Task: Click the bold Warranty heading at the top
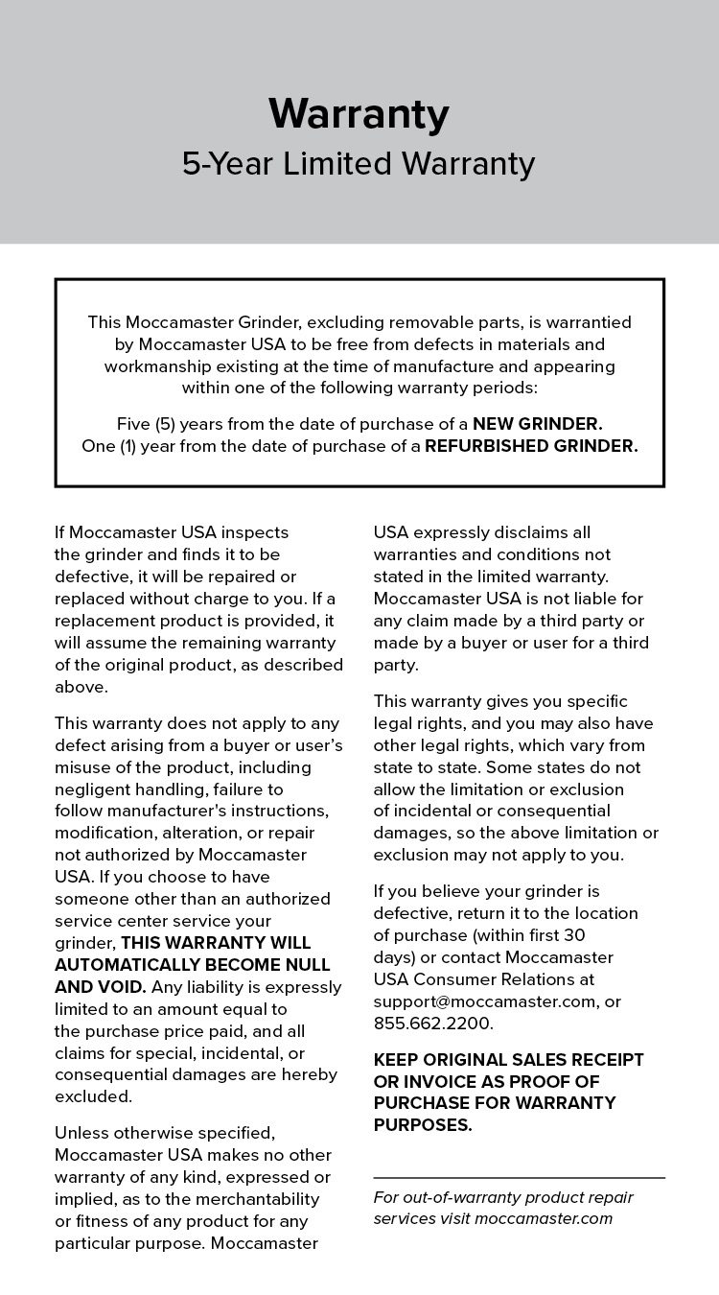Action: click(x=359, y=114)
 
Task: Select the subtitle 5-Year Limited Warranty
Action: click(x=359, y=164)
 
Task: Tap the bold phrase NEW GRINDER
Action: click(x=538, y=423)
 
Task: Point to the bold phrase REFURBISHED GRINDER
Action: click(x=531, y=446)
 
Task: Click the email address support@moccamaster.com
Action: click(x=485, y=1001)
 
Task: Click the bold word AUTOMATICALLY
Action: click(x=119, y=964)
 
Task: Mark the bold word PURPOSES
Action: click(x=422, y=1125)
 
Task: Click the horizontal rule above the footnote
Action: click(x=519, y=1177)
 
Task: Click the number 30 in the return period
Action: click(x=574, y=934)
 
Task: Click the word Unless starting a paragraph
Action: click(x=80, y=1132)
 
